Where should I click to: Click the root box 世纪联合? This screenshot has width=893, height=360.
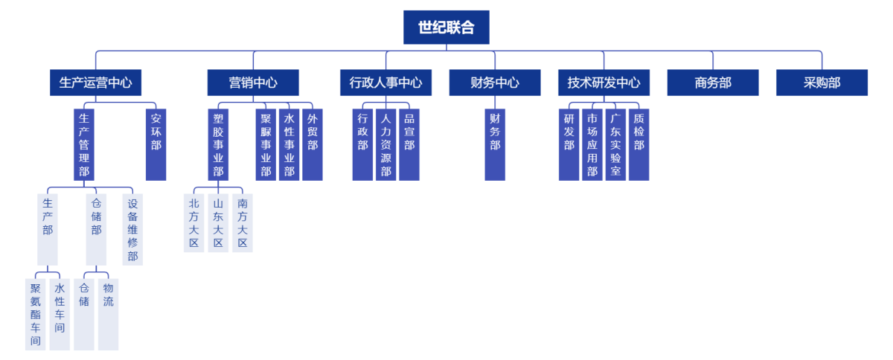point(446,28)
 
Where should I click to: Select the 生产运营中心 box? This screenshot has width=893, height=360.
point(95,83)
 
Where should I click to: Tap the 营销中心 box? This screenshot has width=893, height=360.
point(253,83)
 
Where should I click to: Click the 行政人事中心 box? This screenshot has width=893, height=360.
point(385,83)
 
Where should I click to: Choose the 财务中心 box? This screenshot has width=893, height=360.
point(495,83)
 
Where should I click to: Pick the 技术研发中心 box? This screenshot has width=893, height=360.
point(604,83)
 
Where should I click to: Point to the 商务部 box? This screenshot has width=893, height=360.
point(713,83)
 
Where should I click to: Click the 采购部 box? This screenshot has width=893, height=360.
point(822,83)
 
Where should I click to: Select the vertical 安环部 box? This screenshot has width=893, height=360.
point(156,144)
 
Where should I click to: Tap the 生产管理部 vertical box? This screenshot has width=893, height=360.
point(84,144)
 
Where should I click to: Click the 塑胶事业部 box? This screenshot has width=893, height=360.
point(218,144)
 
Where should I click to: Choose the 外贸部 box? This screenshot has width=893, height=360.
point(313,144)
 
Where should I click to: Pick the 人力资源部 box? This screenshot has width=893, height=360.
point(385,144)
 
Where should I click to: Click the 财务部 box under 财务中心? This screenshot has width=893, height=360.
point(495,144)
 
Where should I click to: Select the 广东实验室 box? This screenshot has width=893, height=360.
point(615,144)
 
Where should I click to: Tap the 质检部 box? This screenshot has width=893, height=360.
point(638,144)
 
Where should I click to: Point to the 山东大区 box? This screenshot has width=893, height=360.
point(218,222)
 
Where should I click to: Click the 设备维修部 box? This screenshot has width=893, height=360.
point(132,229)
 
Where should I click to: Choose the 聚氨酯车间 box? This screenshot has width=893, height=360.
point(35,314)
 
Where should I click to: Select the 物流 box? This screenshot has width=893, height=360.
point(108,314)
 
